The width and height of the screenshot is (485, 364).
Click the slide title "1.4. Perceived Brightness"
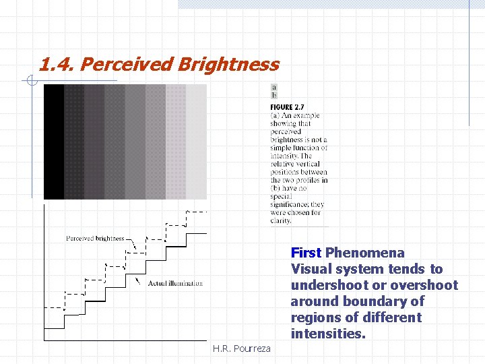tap(158, 64)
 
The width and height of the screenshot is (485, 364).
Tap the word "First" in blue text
tap(306, 253)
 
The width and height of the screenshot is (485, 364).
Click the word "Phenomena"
tap(365, 253)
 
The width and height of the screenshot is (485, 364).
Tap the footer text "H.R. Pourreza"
tap(241, 348)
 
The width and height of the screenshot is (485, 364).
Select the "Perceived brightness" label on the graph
tap(95, 238)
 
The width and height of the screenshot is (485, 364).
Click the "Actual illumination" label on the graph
tap(175, 283)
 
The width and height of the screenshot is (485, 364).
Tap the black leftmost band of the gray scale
tap(54, 142)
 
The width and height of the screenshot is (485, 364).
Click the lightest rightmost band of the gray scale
tap(196, 142)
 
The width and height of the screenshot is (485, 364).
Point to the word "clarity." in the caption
tap(281, 220)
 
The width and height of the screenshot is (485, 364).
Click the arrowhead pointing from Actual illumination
tap(137, 279)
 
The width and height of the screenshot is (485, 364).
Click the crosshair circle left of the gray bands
tap(30, 82)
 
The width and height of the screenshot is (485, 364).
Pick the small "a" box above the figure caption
tap(274, 88)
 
